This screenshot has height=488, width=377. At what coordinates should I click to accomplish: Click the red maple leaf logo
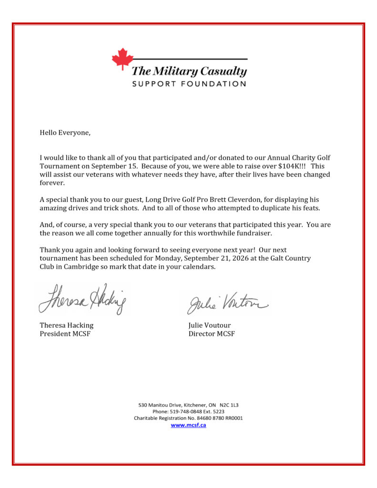click(x=122, y=59)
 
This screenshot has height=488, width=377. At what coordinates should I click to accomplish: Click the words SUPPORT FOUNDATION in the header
click(x=189, y=84)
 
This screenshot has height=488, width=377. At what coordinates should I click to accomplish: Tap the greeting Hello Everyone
click(x=65, y=133)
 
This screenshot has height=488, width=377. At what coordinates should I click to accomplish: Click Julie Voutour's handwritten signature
click(x=227, y=302)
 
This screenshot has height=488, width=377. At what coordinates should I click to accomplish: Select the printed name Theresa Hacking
click(x=66, y=325)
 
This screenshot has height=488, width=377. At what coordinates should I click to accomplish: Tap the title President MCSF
click(x=65, y=334)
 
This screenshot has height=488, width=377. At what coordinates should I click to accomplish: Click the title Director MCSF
click(x=211, y=334)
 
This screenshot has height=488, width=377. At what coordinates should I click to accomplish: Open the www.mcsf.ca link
click(x=188, y=425)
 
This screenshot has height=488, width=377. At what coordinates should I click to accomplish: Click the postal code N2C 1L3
click(x=229, y=405)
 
